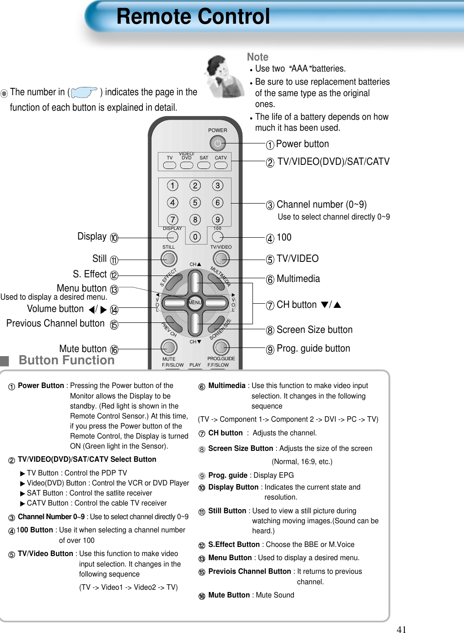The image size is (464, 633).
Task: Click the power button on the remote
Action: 217,143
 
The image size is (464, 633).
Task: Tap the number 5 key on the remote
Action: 195,203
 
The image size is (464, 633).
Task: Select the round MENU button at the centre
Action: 195,303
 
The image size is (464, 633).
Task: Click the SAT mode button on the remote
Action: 204,165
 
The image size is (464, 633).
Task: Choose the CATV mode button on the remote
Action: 221,165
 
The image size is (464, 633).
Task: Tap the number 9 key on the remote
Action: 218,220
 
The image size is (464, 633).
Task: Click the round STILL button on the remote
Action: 169,259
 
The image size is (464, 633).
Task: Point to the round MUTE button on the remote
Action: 169,347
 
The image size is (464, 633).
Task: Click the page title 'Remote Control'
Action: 193,17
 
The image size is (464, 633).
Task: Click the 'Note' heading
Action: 257,57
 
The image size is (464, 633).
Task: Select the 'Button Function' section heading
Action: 66,360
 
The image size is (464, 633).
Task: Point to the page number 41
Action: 401,629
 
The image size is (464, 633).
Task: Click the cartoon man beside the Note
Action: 222,76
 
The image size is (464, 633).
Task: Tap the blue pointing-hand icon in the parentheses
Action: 84,92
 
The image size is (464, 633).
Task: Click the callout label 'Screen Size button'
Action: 314,330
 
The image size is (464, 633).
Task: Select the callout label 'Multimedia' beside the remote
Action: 298,279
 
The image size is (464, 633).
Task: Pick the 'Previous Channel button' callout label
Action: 55,323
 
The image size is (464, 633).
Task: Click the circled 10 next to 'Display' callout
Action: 114,238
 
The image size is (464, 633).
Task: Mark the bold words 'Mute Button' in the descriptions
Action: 229,595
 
